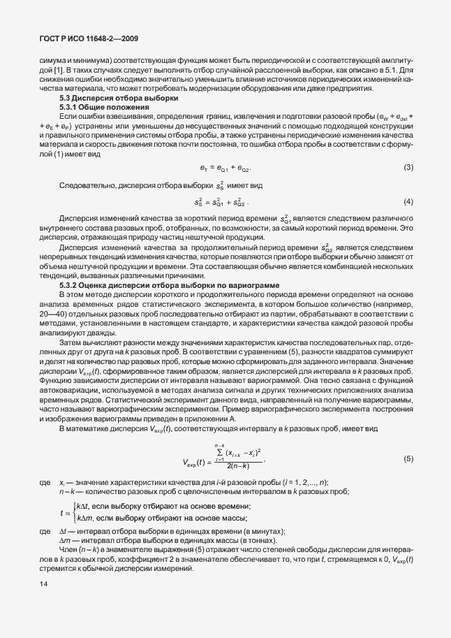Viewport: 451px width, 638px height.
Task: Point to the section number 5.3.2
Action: tap(70, 287)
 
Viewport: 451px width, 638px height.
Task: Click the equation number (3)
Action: tap(408, 167)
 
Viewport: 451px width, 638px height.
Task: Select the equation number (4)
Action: tap(408, 202)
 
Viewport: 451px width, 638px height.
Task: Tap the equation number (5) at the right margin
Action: tap(408, 459)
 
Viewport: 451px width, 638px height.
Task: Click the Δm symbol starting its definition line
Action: tap(64, 541)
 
